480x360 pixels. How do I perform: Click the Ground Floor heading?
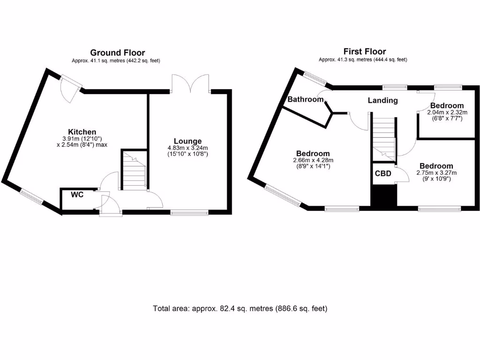117,52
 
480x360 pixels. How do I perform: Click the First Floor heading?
365,52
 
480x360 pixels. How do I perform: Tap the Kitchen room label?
82,132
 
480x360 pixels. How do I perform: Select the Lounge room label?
187,141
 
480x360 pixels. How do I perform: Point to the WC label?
77,195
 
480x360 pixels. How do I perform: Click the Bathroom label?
306,99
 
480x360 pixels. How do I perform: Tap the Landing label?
382,100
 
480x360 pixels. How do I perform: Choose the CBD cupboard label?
383,173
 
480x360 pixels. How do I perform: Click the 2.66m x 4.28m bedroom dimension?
313,160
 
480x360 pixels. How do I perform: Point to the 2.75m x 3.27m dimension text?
436,172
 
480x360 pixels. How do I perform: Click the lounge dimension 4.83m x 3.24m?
187,148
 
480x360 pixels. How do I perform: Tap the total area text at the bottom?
240,308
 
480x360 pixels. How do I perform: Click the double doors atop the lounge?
190,83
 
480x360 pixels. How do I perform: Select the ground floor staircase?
134,170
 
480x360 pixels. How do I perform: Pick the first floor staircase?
384,136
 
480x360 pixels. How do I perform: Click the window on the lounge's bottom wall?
189,213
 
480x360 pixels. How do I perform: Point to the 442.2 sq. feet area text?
142,60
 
